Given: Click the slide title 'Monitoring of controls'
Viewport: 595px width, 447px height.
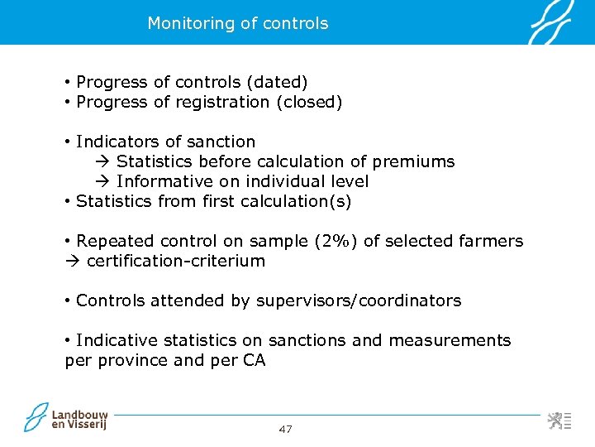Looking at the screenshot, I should [237, 23].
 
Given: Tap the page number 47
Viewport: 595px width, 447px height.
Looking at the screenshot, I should [285, 429].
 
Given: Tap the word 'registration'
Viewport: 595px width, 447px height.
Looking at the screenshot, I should [221, 102].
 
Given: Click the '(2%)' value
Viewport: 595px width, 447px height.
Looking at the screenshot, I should [336, 241].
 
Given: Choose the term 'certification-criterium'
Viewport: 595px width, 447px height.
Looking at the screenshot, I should [175, 261].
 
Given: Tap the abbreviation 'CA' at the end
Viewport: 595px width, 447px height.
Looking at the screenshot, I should [255, 360].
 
